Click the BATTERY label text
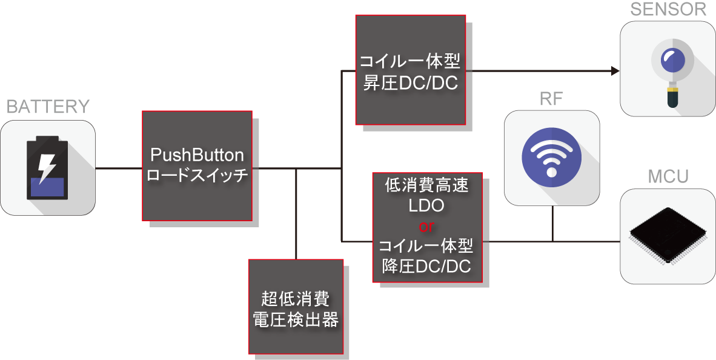coord(48,107)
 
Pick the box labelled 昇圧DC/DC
coord(410,70)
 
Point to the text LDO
coord(427,206)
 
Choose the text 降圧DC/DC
coord(427,267)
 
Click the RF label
coord(552,99)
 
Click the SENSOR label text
coord(668,9)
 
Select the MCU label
coord(668,177)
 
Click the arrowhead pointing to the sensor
coord(615,72)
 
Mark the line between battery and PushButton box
coord(119,168)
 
